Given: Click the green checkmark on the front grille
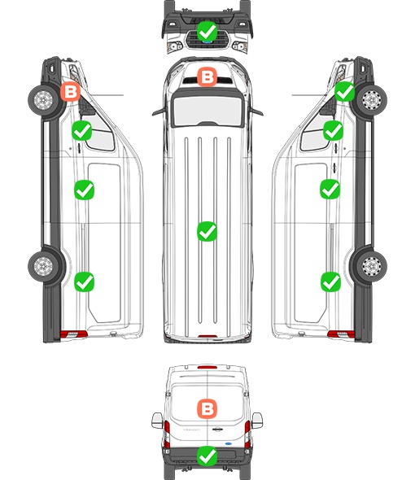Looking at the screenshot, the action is click(207, 31).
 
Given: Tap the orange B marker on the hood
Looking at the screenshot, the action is click(207, 76).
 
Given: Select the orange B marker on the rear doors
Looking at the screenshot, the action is click(207, 408).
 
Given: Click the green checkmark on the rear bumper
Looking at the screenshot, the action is click(207, 456).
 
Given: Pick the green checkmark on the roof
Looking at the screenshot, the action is click(207, 231).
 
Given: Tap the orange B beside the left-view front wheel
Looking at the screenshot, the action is click(71, 91).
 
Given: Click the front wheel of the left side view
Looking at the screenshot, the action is click(43, 99).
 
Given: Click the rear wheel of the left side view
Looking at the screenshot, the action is click(43, 266).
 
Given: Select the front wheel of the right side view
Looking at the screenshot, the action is click(372, 99).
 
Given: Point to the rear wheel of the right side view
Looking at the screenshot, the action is click(372, 266).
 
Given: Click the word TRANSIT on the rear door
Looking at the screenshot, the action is click(191, 430).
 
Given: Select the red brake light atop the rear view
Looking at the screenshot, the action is click(207, 367).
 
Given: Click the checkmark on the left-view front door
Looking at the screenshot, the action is click(81, 130).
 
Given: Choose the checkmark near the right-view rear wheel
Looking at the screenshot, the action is click(330, 281).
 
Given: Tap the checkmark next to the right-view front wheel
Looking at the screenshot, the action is click(344, 91).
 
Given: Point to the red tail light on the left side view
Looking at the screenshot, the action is click(73, 334).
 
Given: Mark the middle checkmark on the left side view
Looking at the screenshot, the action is click(85, 190).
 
